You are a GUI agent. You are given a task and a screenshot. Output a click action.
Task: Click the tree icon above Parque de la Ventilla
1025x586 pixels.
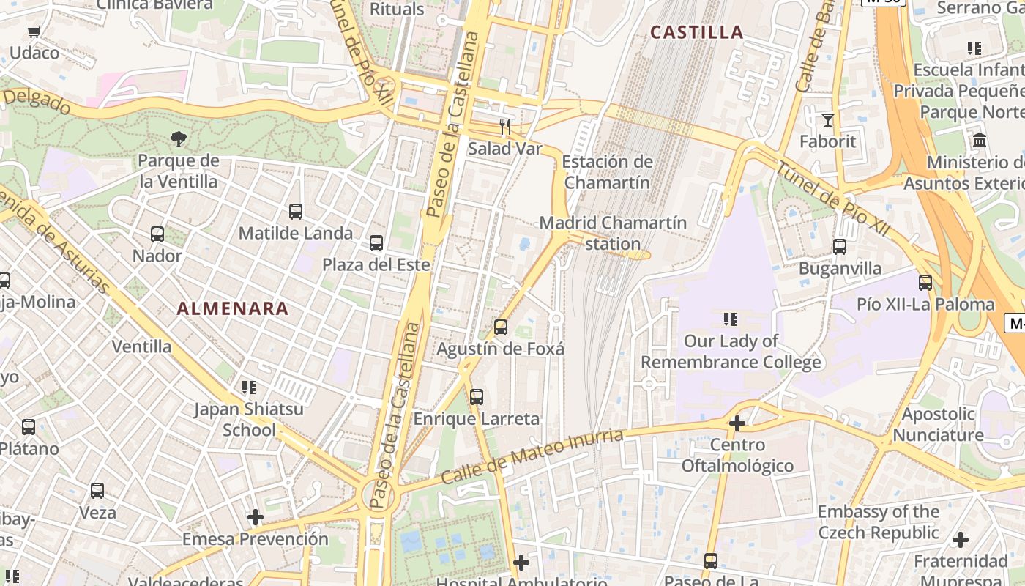[178, 138]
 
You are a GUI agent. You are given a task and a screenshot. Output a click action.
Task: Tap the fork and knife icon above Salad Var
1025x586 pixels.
[504, 127]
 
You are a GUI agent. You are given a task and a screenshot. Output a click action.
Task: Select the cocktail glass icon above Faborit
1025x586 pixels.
[828, 119]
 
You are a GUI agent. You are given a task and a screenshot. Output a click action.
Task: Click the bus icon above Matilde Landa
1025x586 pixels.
[296, 212]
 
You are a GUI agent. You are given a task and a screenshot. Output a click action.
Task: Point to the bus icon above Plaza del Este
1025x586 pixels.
[376, 243]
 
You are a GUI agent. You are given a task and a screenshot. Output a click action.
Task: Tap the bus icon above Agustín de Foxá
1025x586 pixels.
[501, 327]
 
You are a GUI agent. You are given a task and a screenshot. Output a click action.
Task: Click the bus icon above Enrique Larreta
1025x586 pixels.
[477, 397]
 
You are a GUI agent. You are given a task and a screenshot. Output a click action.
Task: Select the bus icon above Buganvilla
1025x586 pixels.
[840, 247]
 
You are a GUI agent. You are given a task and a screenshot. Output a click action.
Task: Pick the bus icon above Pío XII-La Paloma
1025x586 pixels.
[925, 283]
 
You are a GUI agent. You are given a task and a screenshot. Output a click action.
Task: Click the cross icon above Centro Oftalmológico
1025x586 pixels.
[737, 423]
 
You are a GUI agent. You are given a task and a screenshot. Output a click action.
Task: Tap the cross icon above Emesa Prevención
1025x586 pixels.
[255, 517]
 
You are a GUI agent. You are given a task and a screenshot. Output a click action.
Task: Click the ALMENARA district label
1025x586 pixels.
[233, 309]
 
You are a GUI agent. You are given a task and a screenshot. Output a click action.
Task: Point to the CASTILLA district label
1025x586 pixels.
[696, 32]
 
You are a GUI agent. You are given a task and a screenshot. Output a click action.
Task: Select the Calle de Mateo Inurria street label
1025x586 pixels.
[532, 456]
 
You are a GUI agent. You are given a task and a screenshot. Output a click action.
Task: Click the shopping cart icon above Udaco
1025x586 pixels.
[34, 31]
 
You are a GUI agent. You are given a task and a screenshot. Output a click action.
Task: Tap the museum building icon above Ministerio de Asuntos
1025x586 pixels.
[979, 140]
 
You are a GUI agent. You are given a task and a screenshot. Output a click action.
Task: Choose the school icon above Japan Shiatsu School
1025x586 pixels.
[249, 387]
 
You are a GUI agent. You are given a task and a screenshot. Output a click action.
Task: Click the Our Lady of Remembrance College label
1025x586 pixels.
[731, 352]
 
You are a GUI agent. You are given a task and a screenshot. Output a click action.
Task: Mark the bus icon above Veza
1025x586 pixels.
[97, 491]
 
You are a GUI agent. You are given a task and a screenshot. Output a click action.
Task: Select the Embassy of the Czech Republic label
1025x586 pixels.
[878, 522]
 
